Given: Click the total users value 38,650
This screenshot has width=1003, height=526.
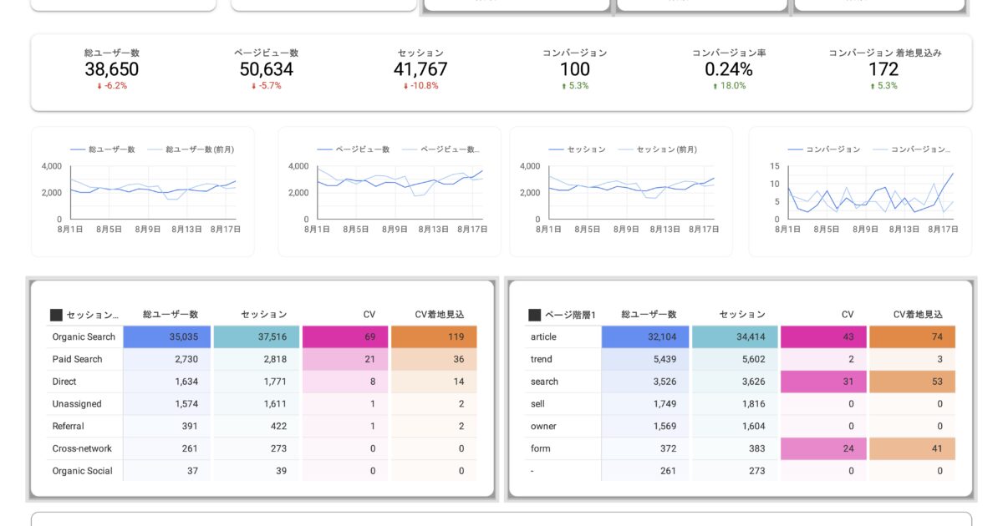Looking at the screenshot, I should [111, 69].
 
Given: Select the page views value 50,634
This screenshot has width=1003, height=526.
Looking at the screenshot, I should [266, 69].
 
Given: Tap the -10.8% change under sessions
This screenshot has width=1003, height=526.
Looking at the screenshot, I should [420, 86].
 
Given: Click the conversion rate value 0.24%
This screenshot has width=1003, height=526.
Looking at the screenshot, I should [729, 69].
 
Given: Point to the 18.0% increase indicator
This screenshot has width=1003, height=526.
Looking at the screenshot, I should [729, 86].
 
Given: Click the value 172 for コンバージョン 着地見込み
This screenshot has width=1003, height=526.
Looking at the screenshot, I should [883, 69].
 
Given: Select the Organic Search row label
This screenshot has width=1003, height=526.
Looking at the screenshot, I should [84, 337].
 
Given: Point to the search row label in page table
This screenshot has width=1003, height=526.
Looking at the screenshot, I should [544, 382].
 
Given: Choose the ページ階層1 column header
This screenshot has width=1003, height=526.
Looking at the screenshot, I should [570, 315].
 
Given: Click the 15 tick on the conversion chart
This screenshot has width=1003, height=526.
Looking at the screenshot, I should [775, 166].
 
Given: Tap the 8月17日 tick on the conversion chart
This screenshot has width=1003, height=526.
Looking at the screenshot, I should [943, 230].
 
